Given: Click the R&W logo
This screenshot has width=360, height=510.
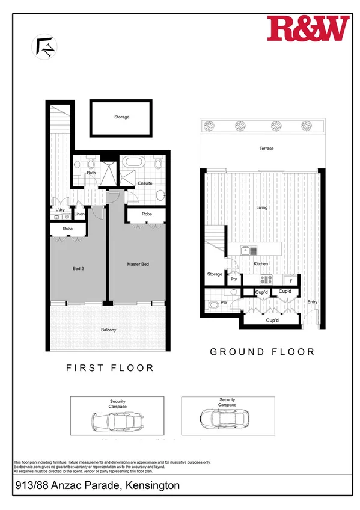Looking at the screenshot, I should [x=308, y=29].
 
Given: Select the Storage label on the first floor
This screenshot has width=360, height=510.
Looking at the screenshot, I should [x=122, y=117].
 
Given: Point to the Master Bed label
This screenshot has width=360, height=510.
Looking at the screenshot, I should [x=138, y=264].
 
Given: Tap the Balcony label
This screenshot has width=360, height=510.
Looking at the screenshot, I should [x=108, y=330].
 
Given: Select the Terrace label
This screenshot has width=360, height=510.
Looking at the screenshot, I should [x=266, y=149].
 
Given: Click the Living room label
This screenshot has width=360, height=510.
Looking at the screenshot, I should [x=262, y=207].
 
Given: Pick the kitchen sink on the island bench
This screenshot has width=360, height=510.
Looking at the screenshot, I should [x=249, y=250].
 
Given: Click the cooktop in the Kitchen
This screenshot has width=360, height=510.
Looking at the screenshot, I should [x=266, y=279].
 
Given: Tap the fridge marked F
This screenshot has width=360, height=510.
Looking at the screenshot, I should [x=291, y=280].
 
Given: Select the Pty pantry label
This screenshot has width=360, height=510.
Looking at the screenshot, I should [x=233, y=280].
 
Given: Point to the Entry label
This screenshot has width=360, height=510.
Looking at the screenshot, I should [x=313, y=302].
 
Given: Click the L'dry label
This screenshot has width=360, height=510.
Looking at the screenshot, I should [x=60, y=210].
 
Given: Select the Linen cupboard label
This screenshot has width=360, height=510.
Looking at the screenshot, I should [x=79, y=214].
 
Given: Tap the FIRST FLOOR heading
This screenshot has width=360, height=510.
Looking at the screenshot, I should [x=110, y=367].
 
